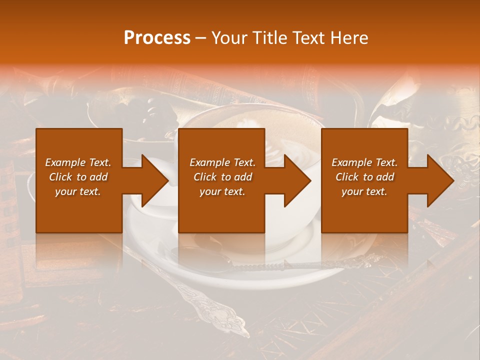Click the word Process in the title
157,38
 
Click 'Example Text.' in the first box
78,162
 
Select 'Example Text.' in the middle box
222,162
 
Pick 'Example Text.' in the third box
364,162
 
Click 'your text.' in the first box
78,191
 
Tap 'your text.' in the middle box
222,191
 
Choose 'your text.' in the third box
364,191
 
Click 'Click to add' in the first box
78,177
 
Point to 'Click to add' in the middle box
222,177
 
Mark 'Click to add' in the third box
364,177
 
